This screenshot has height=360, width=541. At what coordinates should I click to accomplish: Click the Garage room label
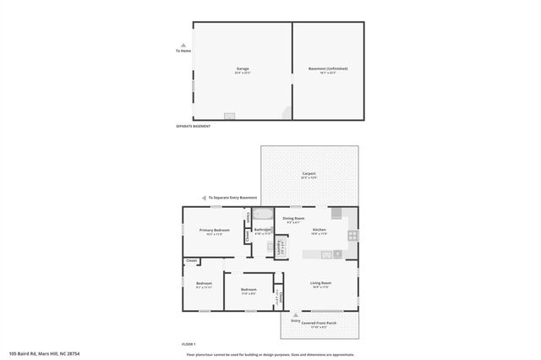(x=242, y=69)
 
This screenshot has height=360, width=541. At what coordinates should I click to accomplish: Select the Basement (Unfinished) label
(x=327, y=69)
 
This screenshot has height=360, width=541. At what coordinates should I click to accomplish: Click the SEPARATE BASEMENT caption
(x=193, y=126)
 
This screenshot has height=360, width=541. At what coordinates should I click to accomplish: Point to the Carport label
(x=309, y=173)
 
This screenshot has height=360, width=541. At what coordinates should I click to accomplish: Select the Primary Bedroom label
(x=215, y=230)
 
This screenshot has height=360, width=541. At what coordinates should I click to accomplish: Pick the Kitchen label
(x=320, y=230)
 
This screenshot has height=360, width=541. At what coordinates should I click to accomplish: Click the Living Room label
(x=320, y=283)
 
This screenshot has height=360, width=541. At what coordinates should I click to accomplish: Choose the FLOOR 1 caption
(x=189, y=344)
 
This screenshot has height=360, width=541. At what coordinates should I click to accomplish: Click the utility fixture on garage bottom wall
(x=229, y=117)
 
